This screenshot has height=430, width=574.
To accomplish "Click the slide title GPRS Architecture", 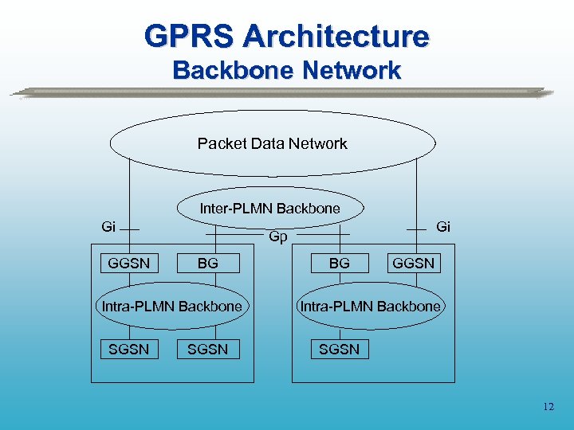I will coord(287,36).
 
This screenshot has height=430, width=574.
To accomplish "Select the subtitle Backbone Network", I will coord(287,71).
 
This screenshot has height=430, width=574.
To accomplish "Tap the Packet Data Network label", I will coord(272,144).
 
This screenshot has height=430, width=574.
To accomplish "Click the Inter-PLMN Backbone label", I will coord(269,209).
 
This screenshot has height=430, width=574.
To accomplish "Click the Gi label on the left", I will coord(109,227).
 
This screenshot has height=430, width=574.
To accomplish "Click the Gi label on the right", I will coord(443,227).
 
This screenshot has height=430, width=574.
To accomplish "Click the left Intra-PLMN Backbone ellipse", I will coord(171,307).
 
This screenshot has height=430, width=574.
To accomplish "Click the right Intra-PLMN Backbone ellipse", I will coord(369,307).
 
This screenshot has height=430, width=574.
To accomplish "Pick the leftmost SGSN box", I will coord(128,350).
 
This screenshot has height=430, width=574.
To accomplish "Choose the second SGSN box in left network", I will coord(207,350).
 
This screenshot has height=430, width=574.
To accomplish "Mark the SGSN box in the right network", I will coord(339,350).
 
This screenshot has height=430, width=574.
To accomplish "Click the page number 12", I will coord(548,407).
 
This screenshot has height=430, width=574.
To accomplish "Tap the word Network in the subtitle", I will coord(348,71).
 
